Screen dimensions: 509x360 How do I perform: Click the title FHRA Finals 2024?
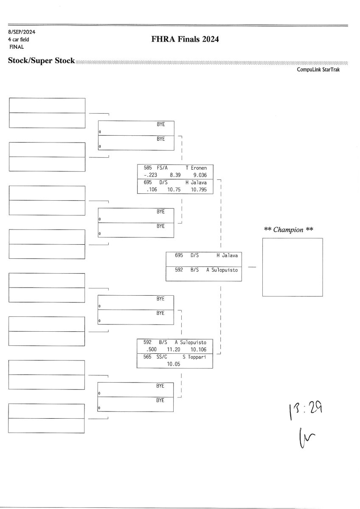pyautogui.click(x=185, y=39)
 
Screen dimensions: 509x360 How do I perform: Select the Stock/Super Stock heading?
pyautogui.click(x=41, y=61)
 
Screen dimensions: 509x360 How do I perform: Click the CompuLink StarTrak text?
pyautogui.click(x=318, y=70)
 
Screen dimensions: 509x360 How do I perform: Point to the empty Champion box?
pyautogui.click(x=292, y=267)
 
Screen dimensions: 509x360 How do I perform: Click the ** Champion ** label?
pyautogui.click(x=289, y=230)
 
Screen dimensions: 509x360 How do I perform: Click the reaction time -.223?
pyautogui.click(x=150, y=174)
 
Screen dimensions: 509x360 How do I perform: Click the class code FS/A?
pyautogui.click(x=162, y=168)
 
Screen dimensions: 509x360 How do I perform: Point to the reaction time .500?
pyautogui.click(x=151, y=350)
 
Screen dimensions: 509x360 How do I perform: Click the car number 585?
pyautogui.click(x=148, y=168)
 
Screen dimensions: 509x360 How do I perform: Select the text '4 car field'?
pyautogui.click(x=18, y=39)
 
